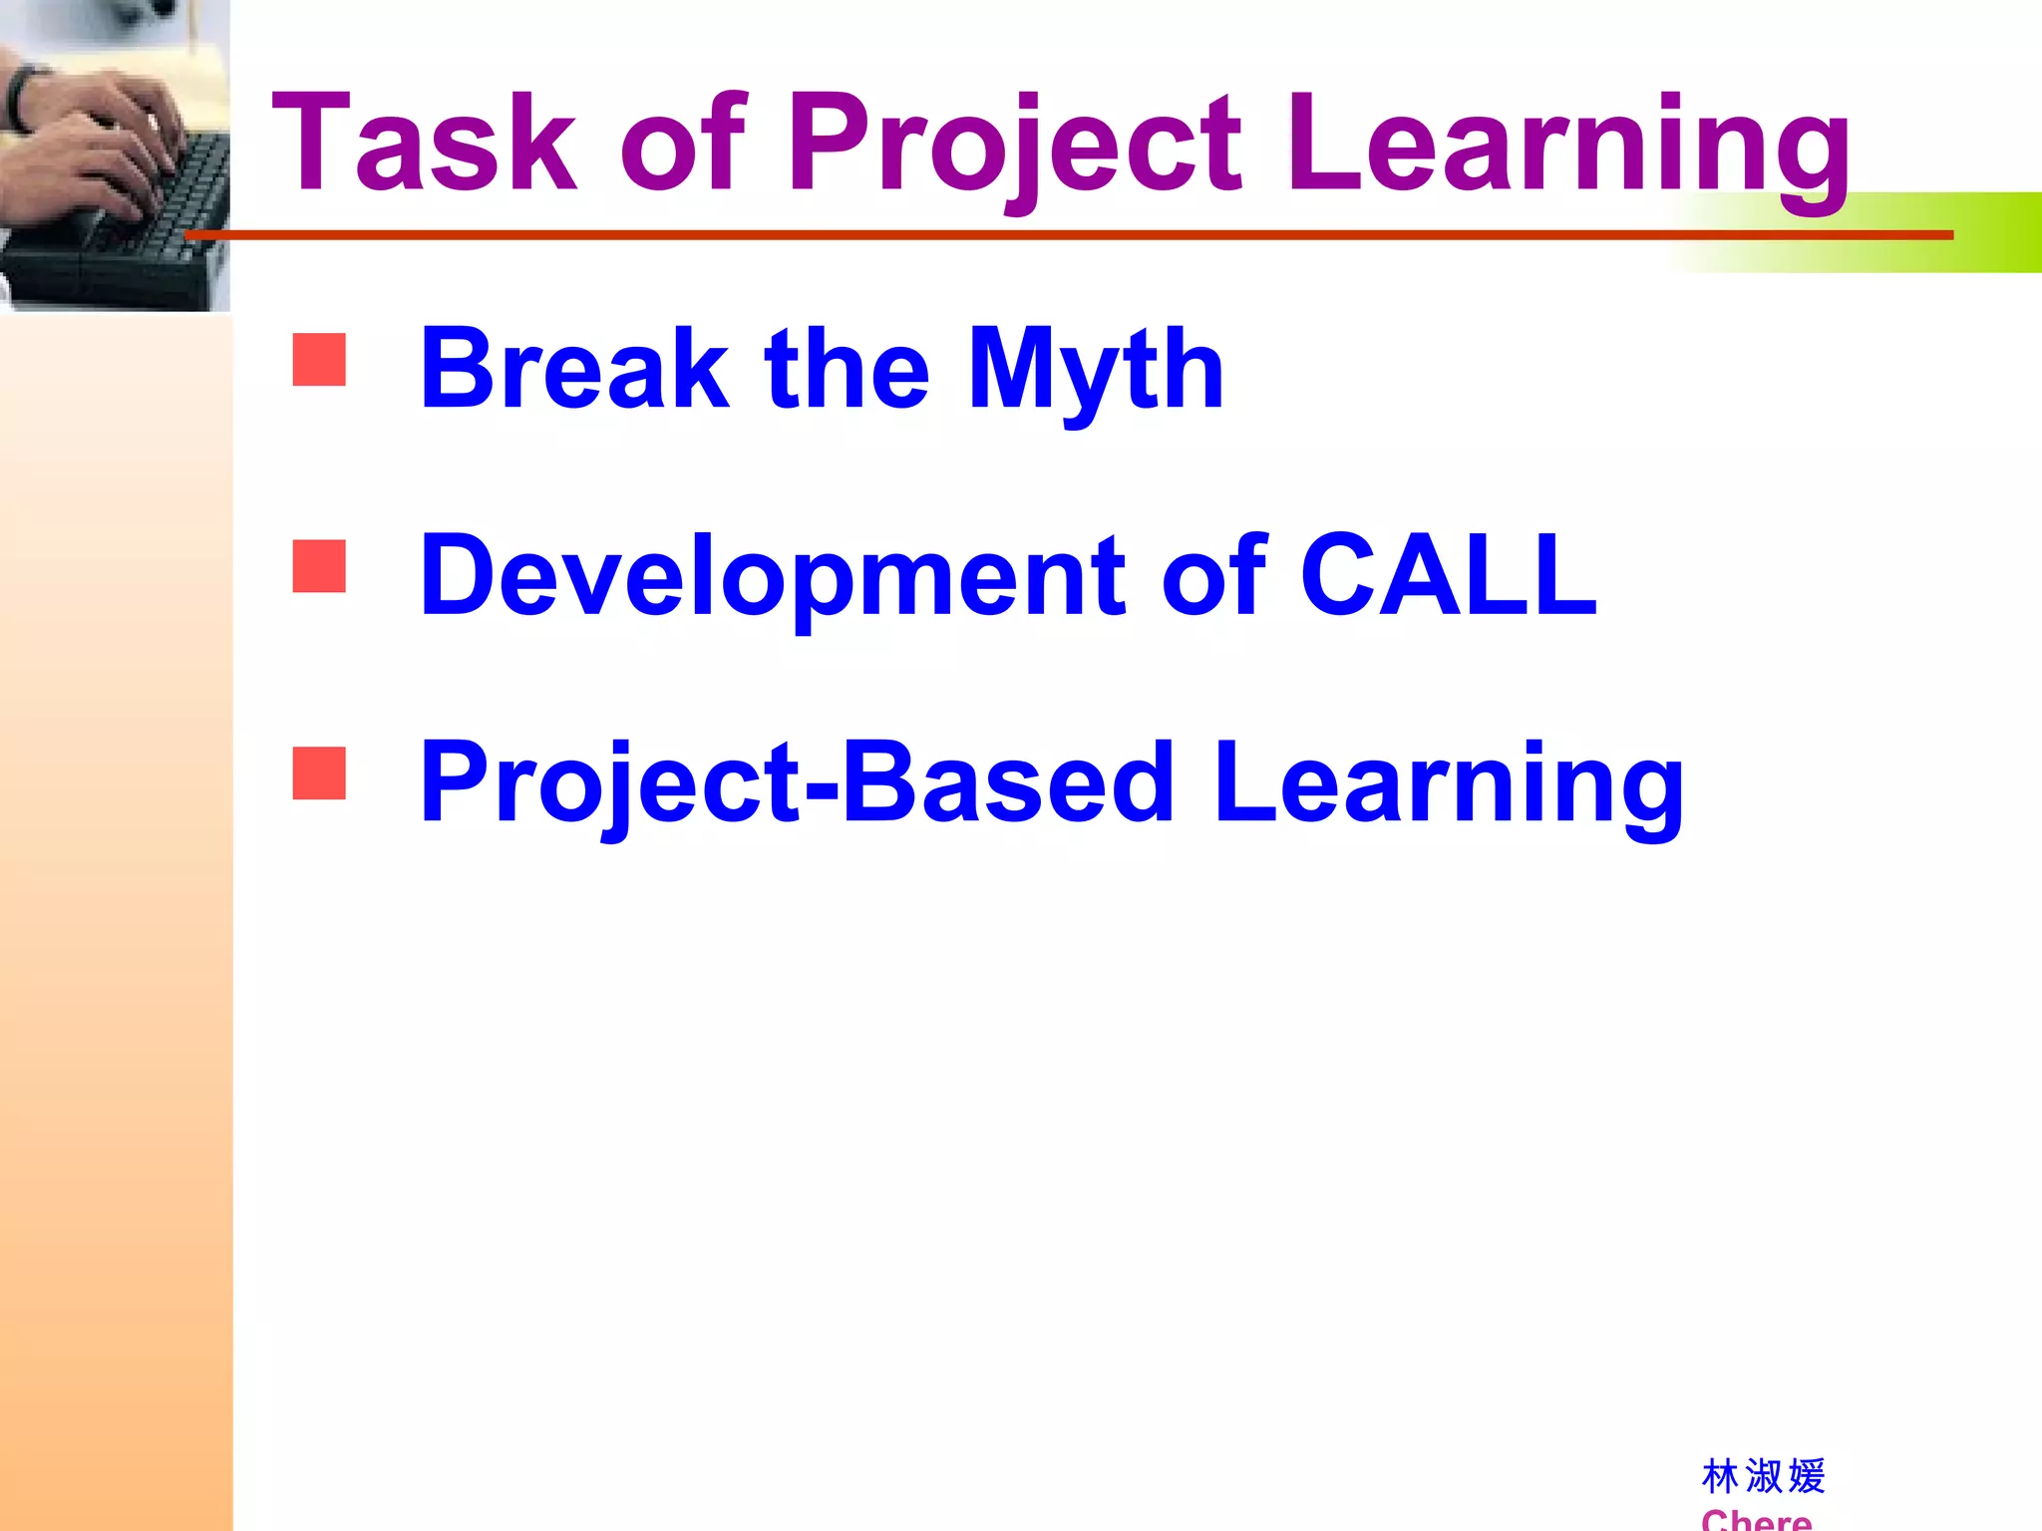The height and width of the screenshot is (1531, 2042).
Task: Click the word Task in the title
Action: (424, 142)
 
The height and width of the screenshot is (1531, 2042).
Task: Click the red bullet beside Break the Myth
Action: (319, 359)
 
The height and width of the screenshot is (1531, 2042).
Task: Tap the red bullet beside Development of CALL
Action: (319, 566)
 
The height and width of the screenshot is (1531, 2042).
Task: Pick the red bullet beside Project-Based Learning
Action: (319, 773)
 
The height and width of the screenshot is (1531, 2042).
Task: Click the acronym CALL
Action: (1448, 575)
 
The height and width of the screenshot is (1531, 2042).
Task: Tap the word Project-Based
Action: (796, 784)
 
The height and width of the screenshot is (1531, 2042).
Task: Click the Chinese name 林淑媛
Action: (1763, 1476)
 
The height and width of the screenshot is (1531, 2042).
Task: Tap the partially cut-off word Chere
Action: (1756, 1519)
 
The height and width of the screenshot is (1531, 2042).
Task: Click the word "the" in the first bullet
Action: (847, 369)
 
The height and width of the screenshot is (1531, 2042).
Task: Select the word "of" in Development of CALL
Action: (1212, 575)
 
